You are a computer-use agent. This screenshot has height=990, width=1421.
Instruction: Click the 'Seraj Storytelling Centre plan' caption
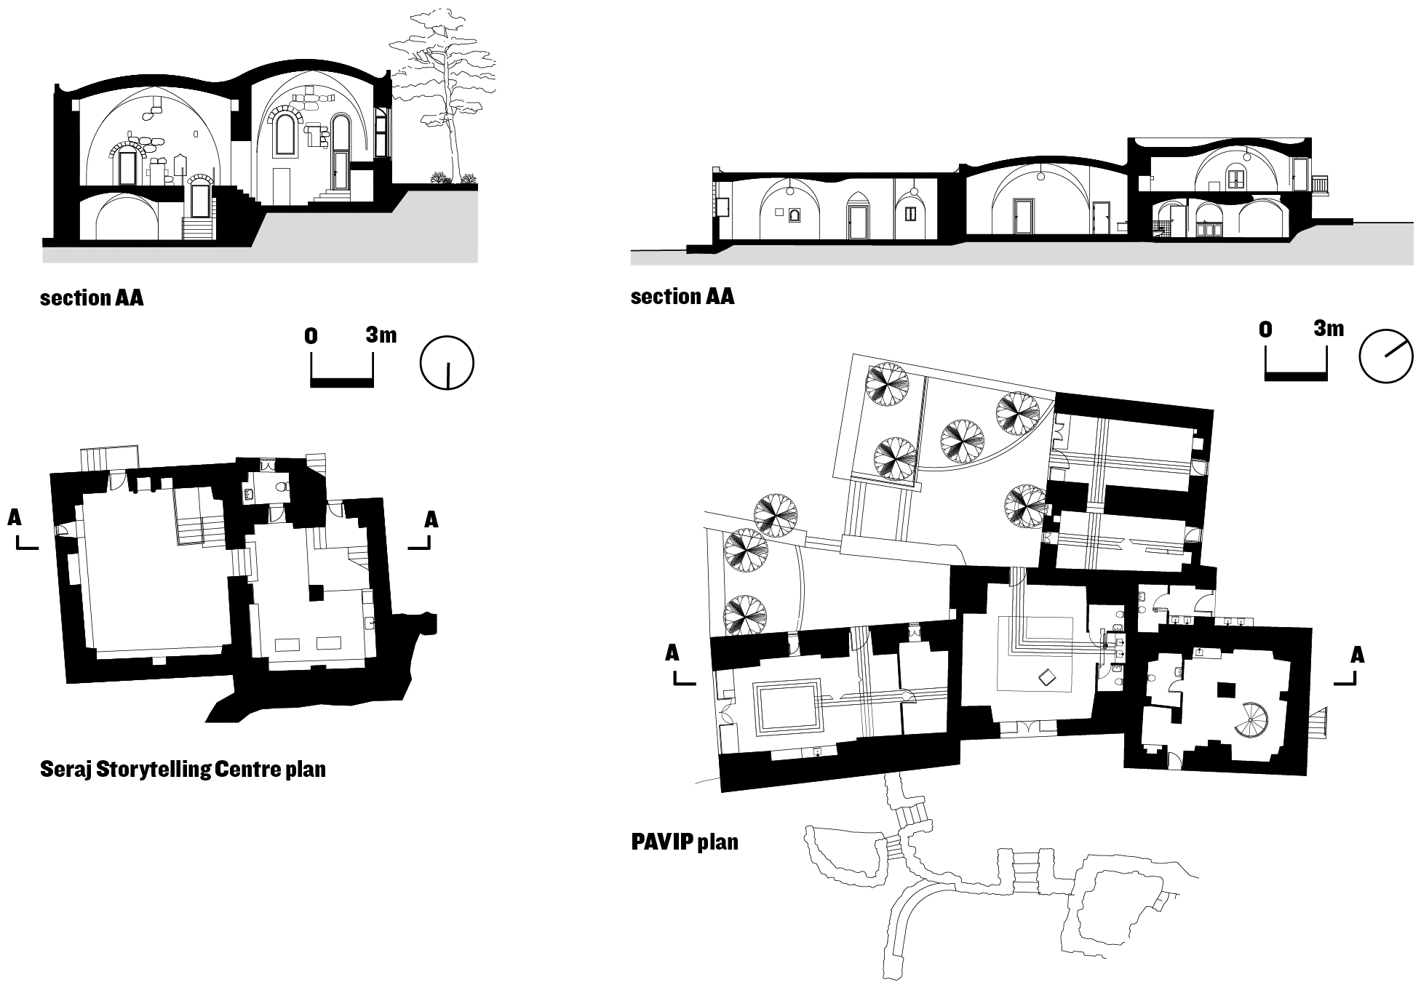pyautogui.click(x=183, y=769)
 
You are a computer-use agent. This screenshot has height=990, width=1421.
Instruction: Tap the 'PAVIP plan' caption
pyautogui.click(x=684, y=842)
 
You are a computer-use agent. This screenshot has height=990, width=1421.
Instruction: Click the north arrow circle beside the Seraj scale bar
pyautogui.click(x=447, y=362)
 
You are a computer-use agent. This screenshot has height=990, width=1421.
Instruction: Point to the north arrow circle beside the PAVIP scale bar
pyautogui.click(x=1385, y=356)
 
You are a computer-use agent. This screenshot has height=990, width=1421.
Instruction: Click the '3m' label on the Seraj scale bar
pyautogui.click(x=381, y=335)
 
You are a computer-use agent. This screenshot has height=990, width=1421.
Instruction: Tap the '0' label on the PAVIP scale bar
pyautogui.click(x=1265, y=330)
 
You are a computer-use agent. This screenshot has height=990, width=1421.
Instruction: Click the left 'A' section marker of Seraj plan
pyautogui.click(x=15, y=518)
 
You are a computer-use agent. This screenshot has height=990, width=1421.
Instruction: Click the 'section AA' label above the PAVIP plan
pyautogui.click(x=682, y=297)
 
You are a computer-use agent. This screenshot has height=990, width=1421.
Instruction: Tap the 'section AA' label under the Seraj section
pyautogui.click(x=92, y=298)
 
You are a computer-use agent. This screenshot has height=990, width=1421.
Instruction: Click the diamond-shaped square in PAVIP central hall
pyautogui.click(x=1048, y=677)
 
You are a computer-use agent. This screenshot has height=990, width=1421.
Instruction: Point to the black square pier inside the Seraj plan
pyautogui.click(x=315, y=594)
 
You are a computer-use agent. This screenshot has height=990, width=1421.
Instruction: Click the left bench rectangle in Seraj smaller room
pyautogui.click(x=286, y=643)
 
